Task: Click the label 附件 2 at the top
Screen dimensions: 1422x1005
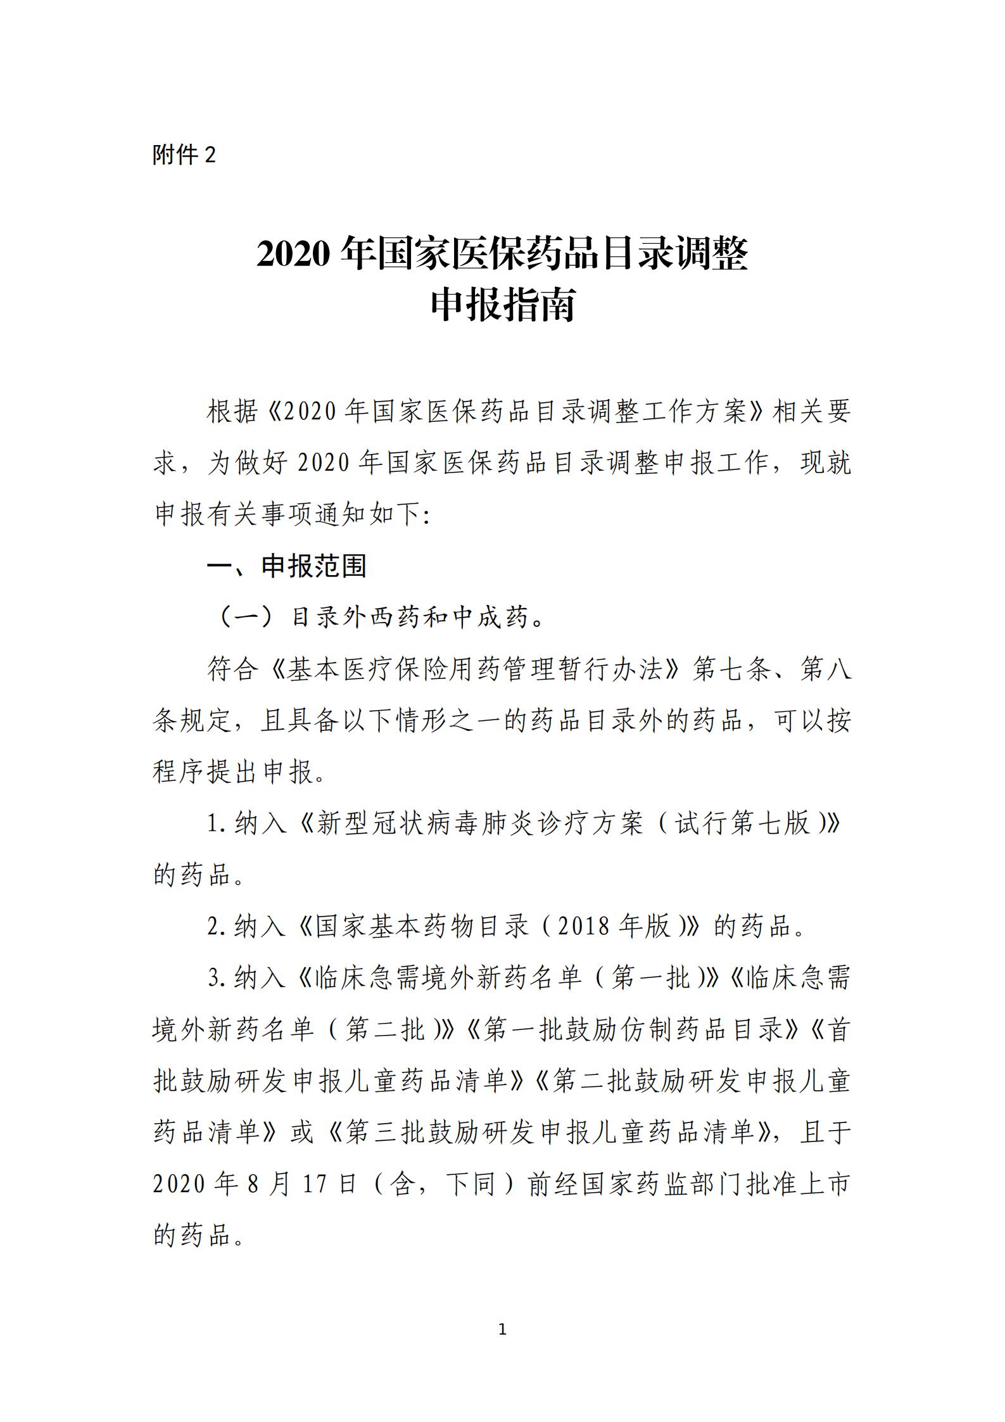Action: pyautogui.click(x=184, y=155)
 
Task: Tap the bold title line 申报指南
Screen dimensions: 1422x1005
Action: pyautogui.click(x=502, y=306)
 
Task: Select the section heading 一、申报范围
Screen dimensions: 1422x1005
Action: pyautogui.click(x=287, y=566)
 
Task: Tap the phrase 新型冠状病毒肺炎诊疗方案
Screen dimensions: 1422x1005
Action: pyautogui.click(x=479, y=824)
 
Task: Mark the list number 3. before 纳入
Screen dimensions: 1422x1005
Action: pyautogui.click(x=217, y=979)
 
